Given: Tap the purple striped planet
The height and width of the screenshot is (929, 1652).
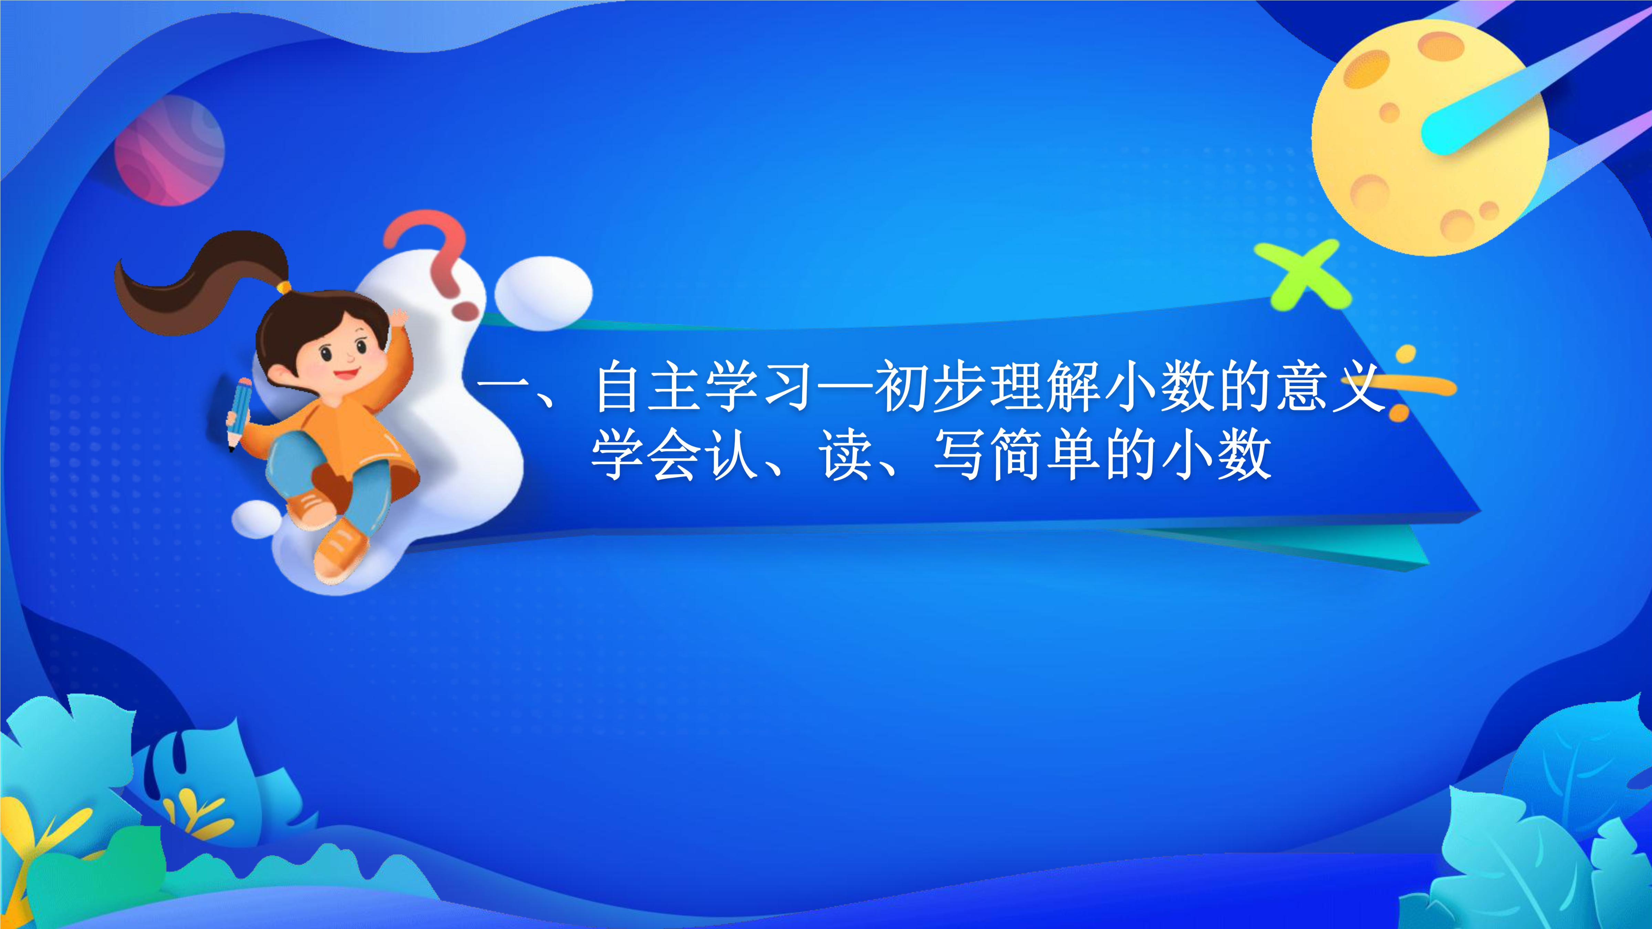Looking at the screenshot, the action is (169, 150).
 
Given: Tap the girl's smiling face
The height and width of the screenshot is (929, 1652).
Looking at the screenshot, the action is (340, 359).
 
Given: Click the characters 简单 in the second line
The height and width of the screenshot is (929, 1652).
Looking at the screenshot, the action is (1046, 455).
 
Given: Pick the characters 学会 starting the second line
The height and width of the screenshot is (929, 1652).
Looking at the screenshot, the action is (644, 455).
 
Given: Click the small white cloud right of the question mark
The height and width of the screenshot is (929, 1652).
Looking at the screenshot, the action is (544, 293).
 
